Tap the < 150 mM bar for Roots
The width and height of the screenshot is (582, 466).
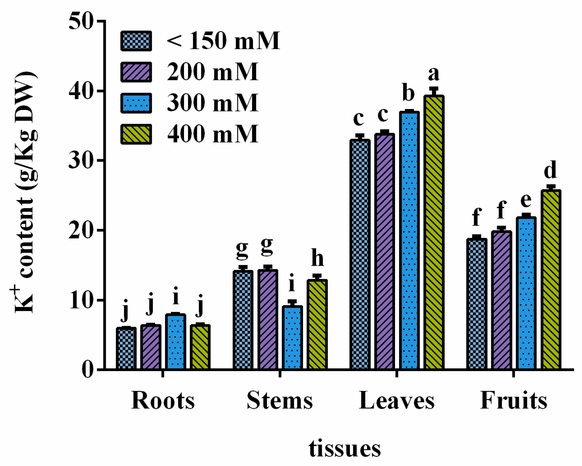[x=126, y=348]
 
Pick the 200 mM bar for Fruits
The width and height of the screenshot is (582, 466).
[x=501, y=300]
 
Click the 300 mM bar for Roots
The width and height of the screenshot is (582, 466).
[x=175, y=342]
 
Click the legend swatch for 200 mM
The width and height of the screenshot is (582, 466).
[x=136, y=72]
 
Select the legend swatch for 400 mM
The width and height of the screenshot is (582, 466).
[x=136, y=134]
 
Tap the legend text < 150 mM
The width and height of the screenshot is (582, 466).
[x=223, y=41]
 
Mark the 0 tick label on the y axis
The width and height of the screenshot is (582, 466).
[x=87, y=370]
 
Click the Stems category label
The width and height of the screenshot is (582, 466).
[x=280, y=400]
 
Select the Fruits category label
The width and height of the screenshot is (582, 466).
[x=514, y=400]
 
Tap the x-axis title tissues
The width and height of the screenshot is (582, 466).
[x=344, y=449]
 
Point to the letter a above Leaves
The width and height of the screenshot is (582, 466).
[x=433, y=74]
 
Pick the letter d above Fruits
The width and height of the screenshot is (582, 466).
[x=550, y=170]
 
